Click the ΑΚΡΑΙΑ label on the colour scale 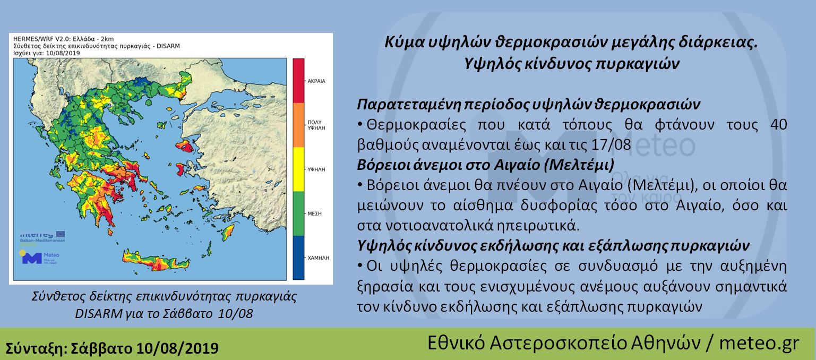point(316,81)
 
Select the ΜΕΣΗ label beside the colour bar point(314,213)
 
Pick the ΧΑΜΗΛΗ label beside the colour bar point(318,258)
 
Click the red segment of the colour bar point(298,81)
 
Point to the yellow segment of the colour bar point(298,169)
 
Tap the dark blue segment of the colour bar point(298,258)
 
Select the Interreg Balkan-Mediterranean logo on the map point(42,237)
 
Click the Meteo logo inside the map point(39,258)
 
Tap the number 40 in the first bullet point(779,125)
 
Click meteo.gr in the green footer point(759,343)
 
